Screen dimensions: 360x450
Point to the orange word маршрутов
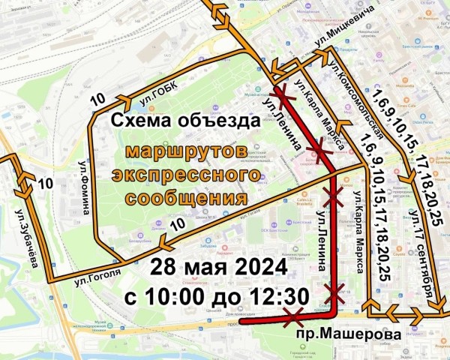[x=186, y=151]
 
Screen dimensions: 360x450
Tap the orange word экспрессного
[x=186, y=175]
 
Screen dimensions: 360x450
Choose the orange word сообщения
[x=186, y=199]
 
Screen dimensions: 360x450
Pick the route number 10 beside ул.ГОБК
[x=97, y=98]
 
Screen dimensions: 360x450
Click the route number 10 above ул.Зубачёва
[x=45, y=183]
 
